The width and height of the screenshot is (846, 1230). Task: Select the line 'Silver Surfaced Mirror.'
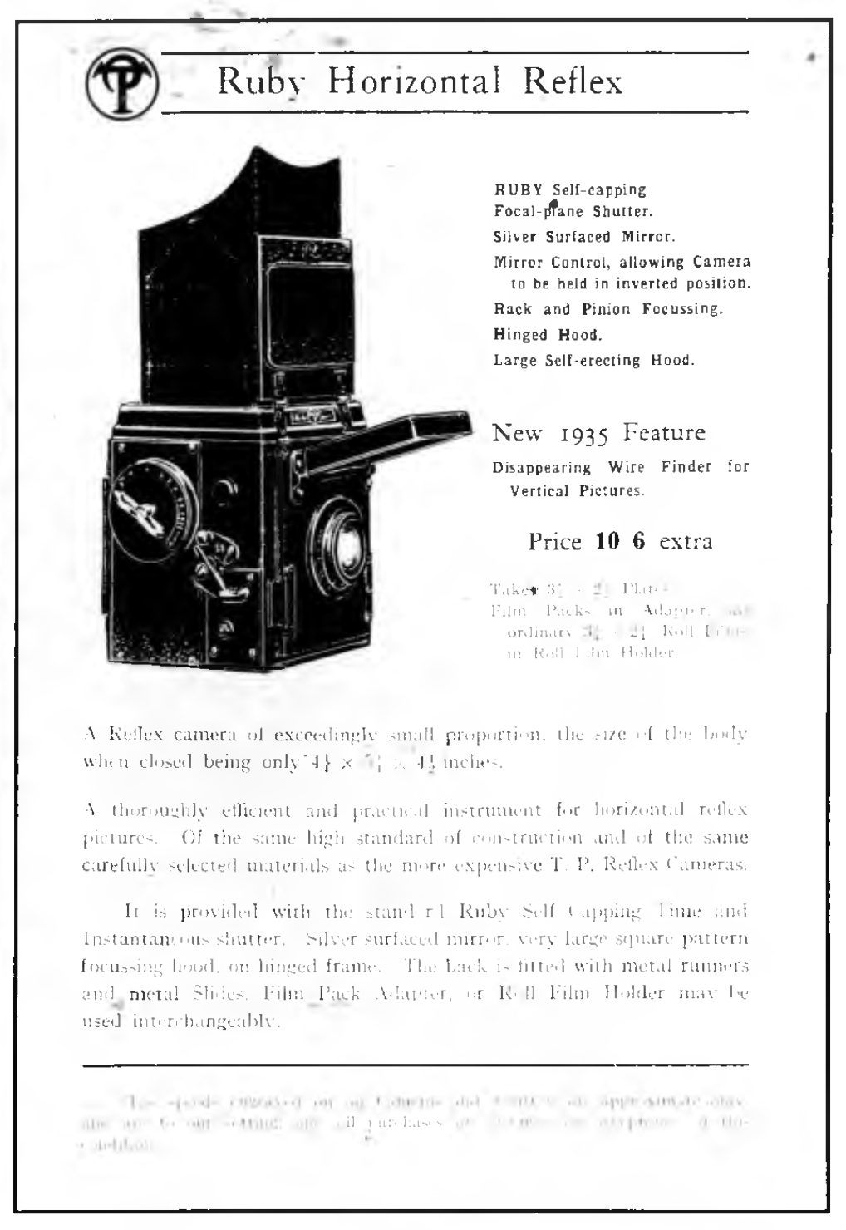click(584, 237)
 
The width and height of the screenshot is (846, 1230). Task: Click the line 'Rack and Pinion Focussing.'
click(607, 309)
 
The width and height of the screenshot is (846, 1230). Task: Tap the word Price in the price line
click(554, 542)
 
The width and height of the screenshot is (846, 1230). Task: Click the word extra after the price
click(685, 542)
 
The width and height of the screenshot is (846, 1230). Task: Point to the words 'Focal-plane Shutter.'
click(573, 211)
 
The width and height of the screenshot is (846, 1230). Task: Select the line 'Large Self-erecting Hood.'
click(593, 361)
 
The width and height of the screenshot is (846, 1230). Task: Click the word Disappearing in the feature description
click(541, 467)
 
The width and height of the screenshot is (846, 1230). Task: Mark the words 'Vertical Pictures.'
click(577, 490)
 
